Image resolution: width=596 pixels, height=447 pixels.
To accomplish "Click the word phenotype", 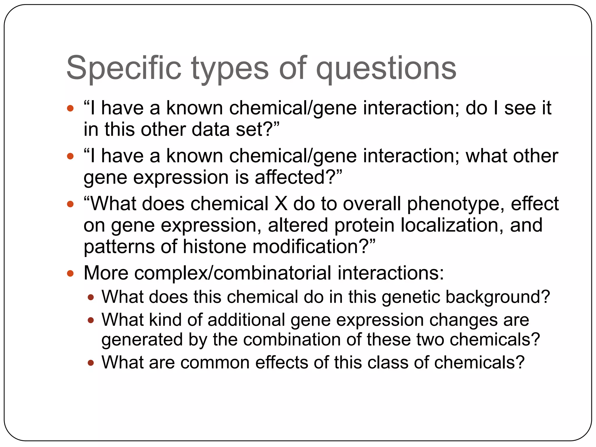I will point(455,204).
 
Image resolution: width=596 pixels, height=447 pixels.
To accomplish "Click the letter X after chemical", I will point(281,203).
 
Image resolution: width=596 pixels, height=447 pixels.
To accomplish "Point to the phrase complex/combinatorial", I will point(233,273).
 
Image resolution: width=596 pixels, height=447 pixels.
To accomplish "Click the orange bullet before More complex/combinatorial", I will point(70,273).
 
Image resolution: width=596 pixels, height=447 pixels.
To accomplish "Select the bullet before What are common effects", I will point(91,363).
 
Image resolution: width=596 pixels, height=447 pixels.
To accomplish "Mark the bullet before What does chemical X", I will point(70,204).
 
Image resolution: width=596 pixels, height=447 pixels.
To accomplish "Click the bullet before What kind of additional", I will point(91,320).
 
